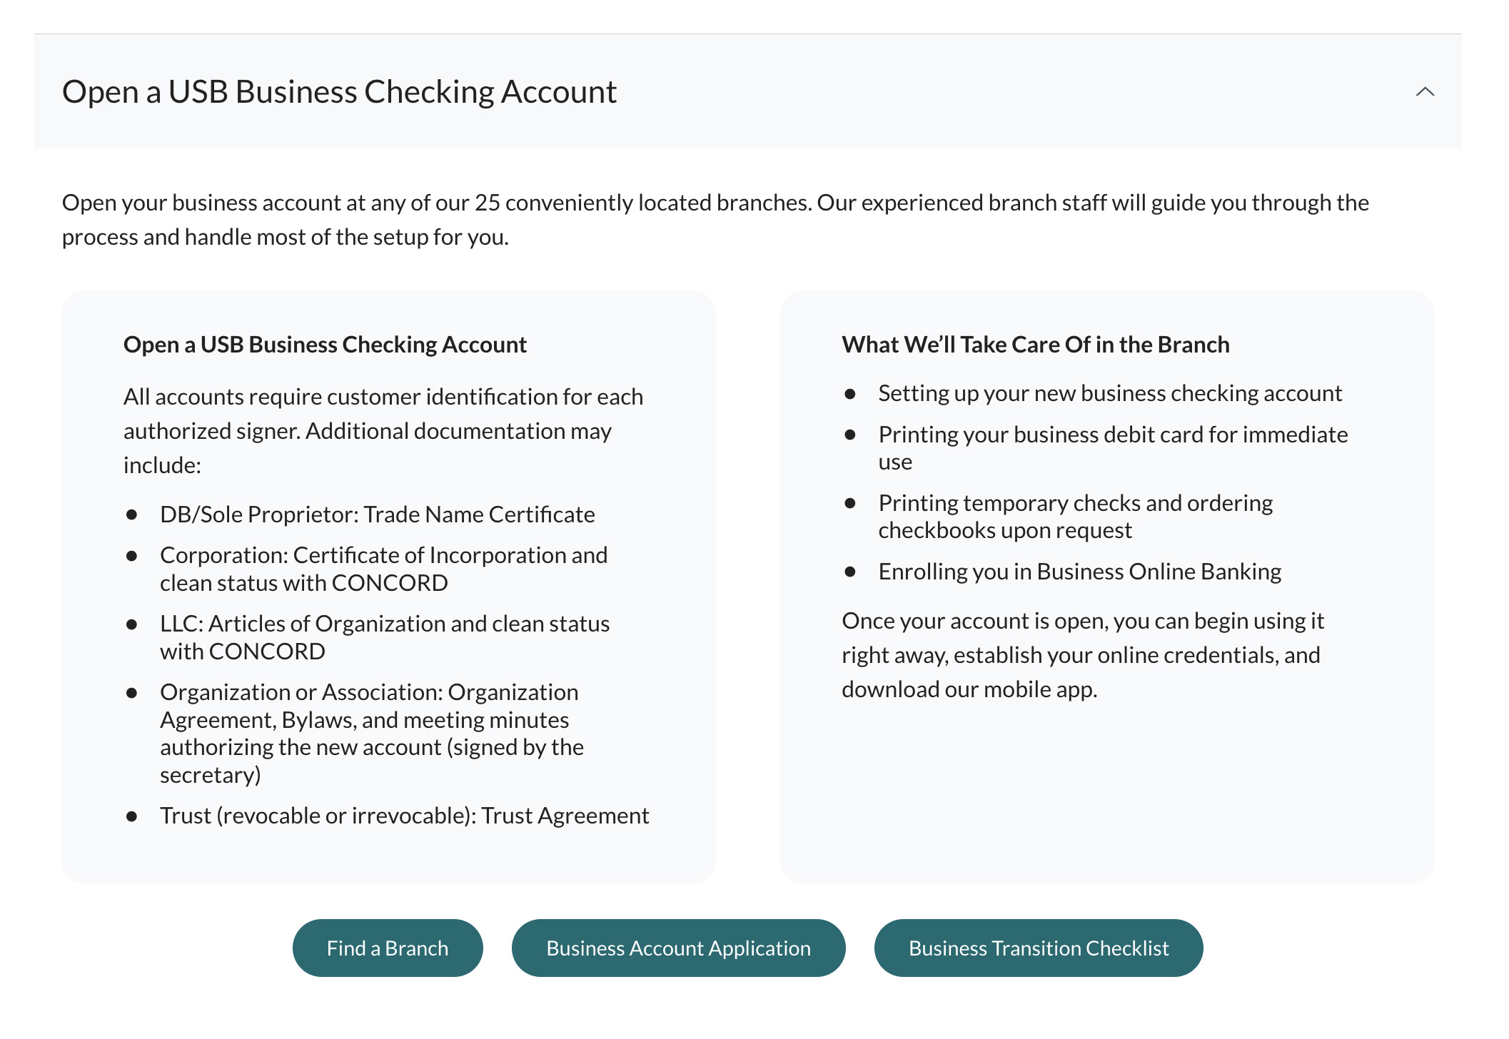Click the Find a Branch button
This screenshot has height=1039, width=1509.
tap(388, 948)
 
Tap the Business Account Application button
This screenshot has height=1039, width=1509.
tap(678, 948)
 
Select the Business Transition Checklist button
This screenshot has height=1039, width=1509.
tap(1039, 948)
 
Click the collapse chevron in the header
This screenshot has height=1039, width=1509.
tap(1425, 91)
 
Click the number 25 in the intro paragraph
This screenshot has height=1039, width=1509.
tap(488, 203)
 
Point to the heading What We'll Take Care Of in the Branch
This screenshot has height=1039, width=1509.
tap(1035, 345)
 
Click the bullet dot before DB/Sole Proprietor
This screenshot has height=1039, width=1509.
tap(131, 515)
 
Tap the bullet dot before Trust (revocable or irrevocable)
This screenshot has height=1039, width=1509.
tap(131, 816)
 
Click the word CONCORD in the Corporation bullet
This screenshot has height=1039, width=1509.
tap(389, 583)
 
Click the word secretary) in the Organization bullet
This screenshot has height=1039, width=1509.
tap(210, 775)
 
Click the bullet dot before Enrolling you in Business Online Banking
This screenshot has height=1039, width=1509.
tap(849, 572)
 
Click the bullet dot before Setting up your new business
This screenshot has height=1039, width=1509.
tap(849, 393)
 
